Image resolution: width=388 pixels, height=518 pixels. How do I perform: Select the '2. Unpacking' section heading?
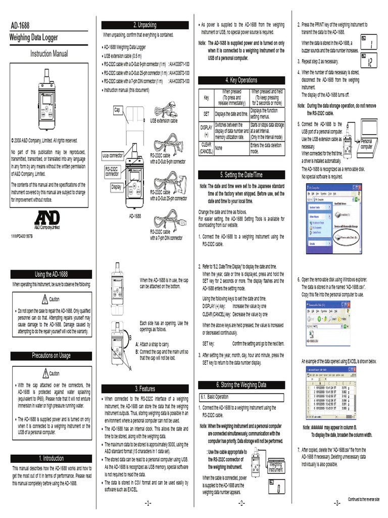click(x=145, y=25)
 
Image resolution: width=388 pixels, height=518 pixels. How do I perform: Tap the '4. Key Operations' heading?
click(x=241, y=80)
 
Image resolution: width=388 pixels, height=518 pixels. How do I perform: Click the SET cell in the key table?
click(x=206, y=114)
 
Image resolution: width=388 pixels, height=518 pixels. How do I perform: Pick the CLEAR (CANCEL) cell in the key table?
click(x=206, y=148)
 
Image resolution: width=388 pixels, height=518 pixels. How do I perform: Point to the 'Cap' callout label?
click(x=117, y=109)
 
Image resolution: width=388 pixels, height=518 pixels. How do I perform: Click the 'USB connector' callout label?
click(x=113, y=155)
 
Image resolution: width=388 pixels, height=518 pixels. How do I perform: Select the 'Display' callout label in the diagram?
click(x=116, y=187)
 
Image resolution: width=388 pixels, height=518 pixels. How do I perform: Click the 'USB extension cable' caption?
click(x=164, y=121)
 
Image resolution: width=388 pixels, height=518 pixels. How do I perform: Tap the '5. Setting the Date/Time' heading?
click(x=241, y=175)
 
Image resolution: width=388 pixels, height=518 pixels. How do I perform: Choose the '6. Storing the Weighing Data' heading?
click(x=241, y=384)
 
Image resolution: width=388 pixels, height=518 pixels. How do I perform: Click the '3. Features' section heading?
click(x=145, y=388)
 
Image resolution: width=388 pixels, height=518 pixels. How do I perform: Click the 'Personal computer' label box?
click(x=366, y=144)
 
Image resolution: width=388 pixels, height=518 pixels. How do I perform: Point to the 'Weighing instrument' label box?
click(x=275, y=466)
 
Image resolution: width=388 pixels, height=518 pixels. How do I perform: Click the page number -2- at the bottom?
click(x=241, y=503)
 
